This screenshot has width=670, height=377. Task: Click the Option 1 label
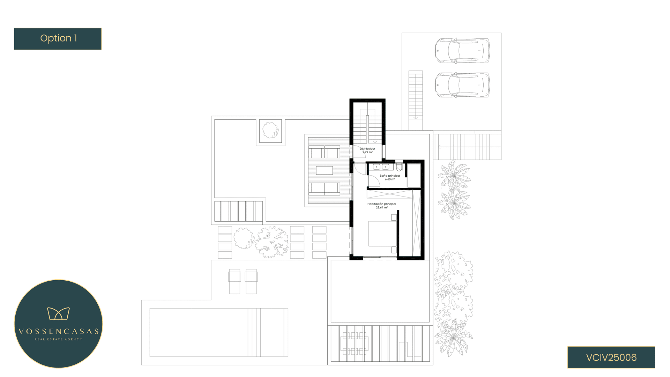point(59,38)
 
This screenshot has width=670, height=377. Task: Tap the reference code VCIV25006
point(611,357)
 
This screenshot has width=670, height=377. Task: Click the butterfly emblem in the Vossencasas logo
point(58,313)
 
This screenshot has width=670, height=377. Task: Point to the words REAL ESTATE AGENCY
point(58,339)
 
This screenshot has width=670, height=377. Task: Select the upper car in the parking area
point(462,51)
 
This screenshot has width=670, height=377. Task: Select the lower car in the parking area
point(462,85)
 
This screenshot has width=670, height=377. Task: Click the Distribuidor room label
point(367,149)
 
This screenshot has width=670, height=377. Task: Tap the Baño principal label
point(390,176)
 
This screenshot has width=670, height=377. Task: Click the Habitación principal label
point(382,204)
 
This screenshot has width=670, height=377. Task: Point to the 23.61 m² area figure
point(382,208)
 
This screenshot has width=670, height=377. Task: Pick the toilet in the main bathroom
point(399,167)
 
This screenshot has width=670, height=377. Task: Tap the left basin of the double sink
point(377,167)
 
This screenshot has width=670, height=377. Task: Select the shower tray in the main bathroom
point(414,176)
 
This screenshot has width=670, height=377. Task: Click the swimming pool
point(219,332)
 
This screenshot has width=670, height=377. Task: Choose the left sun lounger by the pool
point(234,281)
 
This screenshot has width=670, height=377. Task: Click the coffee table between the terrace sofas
point(324,170)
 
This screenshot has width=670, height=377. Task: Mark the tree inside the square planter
point(270,130)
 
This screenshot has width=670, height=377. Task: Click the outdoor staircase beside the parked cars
point(416,95)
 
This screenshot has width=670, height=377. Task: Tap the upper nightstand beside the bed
point(394,217)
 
